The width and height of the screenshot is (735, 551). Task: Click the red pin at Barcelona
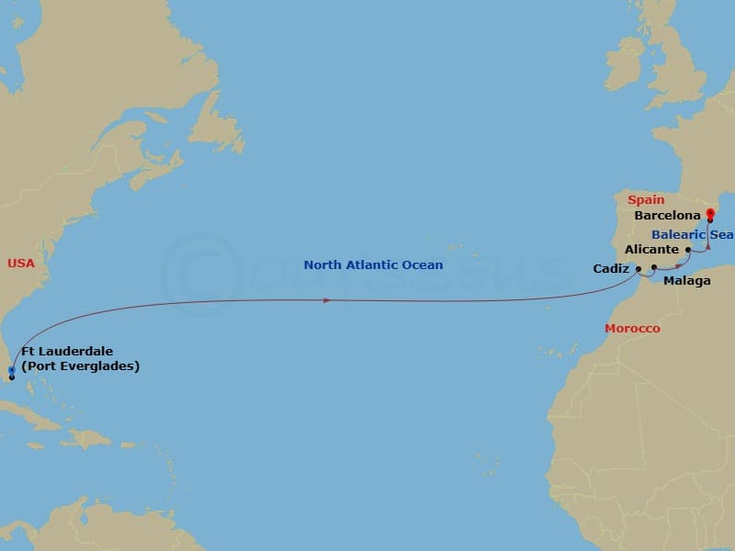710,214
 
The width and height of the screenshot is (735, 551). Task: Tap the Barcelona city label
668,217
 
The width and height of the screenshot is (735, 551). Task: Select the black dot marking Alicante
688,249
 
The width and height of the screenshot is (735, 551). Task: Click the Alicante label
651,249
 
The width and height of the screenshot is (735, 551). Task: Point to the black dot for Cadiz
639,269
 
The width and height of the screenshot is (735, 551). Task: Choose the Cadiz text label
612,269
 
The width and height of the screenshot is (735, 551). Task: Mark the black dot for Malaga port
654,268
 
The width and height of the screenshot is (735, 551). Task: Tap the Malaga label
686,281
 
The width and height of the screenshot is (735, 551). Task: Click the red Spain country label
646,199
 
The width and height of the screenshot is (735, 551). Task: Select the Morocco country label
631,328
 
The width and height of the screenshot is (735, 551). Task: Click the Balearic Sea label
698,234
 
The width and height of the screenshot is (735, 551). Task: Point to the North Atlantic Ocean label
373,265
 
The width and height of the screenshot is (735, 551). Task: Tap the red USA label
20,264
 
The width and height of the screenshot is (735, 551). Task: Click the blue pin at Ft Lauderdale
11,371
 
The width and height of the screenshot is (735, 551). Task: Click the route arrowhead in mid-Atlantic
327,300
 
